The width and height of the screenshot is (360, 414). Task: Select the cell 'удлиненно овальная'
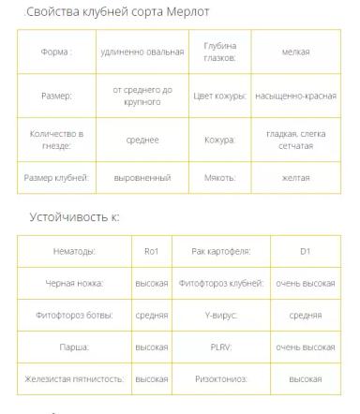click(142, 52)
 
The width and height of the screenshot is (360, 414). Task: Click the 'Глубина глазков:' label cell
click(219, 52)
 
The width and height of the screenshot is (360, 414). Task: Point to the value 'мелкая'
click(295, 52)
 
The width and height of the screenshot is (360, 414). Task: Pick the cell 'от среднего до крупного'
click(142, 96)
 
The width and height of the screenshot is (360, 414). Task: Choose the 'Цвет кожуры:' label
click(219, 96)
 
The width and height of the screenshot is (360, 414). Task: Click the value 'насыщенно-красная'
click(295, 96)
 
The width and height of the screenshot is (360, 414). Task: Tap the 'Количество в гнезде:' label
click(56, 140)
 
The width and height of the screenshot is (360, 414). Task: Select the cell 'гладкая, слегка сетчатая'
click(295, 140)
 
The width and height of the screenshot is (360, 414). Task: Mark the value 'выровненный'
click(142, 176)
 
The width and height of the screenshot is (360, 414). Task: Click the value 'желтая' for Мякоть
click(295, 176)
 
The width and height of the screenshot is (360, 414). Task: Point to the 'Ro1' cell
click(152, 251)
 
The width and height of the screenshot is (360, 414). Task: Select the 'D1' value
click(305, 251)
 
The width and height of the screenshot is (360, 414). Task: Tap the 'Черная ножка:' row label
click(74, 283)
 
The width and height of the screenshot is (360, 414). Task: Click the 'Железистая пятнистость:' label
click(74, 379)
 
